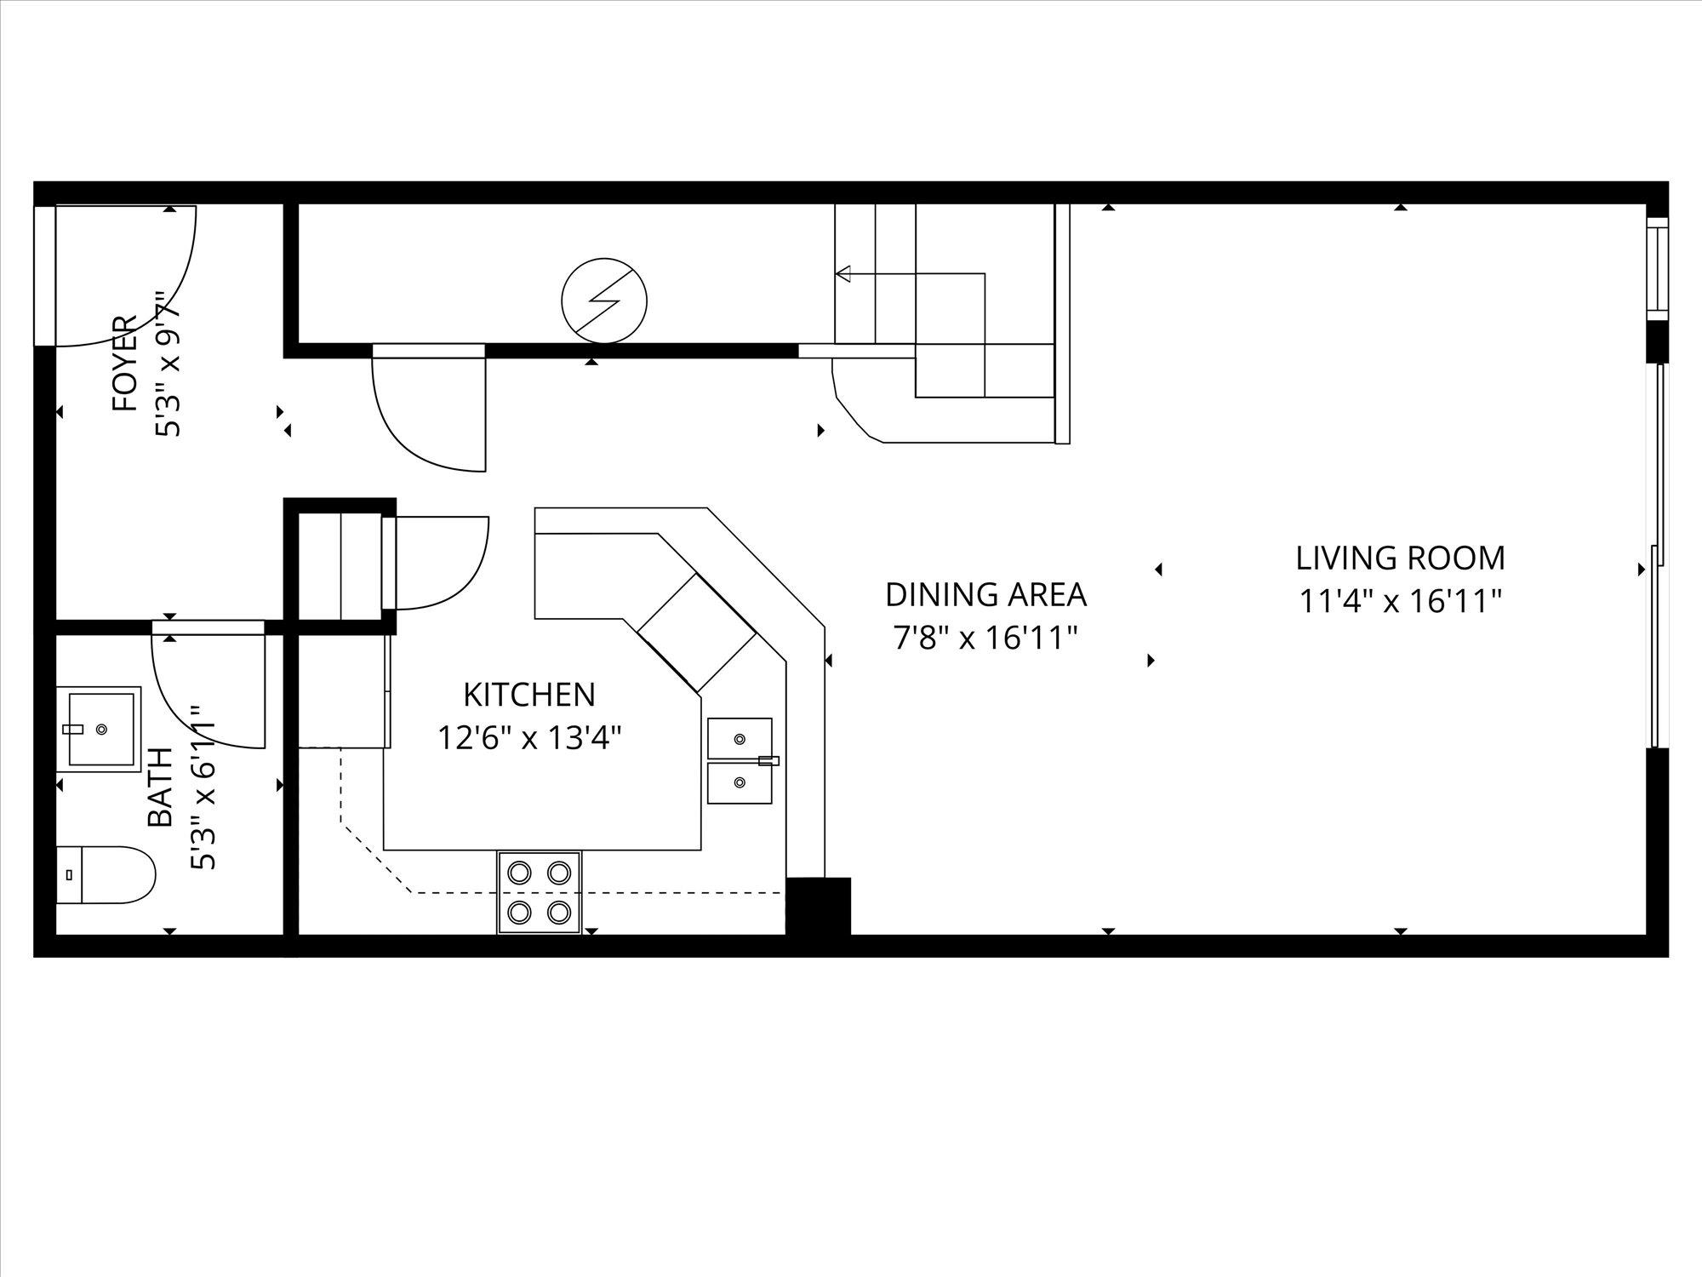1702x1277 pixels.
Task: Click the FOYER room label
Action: (124, 364)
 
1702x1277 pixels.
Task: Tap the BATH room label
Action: (159, 787)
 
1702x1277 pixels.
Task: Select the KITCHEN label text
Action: (528, 695)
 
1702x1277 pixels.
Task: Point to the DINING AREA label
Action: (985, 594)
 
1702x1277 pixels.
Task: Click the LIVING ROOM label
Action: (1400, 558)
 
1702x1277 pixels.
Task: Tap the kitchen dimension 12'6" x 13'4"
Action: (528, 737)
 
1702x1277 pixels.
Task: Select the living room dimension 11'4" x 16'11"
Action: (1400, 602)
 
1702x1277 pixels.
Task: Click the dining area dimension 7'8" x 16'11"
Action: (985, 638)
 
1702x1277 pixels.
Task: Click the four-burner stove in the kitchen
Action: (539, 893)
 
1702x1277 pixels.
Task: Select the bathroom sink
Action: (102, 729)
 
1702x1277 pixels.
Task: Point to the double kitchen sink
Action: (740, 760)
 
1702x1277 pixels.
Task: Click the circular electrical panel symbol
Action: (604, 300)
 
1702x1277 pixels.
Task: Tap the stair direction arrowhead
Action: (842, 274)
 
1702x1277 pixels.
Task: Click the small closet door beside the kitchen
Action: (438, 562)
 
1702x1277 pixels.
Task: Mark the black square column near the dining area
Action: (818, 907)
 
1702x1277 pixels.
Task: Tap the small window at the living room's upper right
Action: (1656, 267)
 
